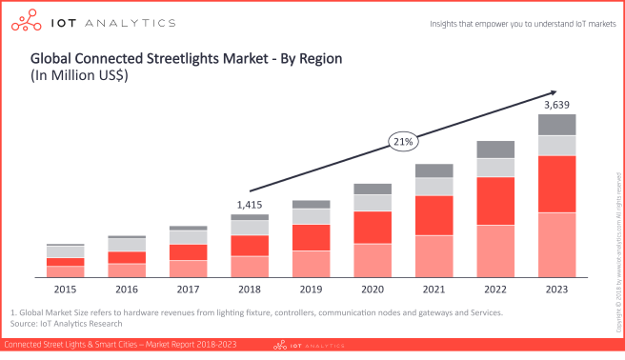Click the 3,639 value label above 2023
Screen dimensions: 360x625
tap(557, 104)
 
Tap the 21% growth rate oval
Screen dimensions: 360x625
tap(402, 142)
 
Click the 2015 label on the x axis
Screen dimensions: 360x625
tap(65, 289)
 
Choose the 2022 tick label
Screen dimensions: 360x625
tap(495, 289)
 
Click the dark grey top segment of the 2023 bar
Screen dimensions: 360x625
tap(557, 124)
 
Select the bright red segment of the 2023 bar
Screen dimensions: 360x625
tap(557, 184)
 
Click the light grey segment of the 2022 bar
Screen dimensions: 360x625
tap(495, 168)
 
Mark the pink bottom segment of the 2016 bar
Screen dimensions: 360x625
tap(126, 270)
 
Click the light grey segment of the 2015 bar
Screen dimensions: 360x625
tap(65, 251)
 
